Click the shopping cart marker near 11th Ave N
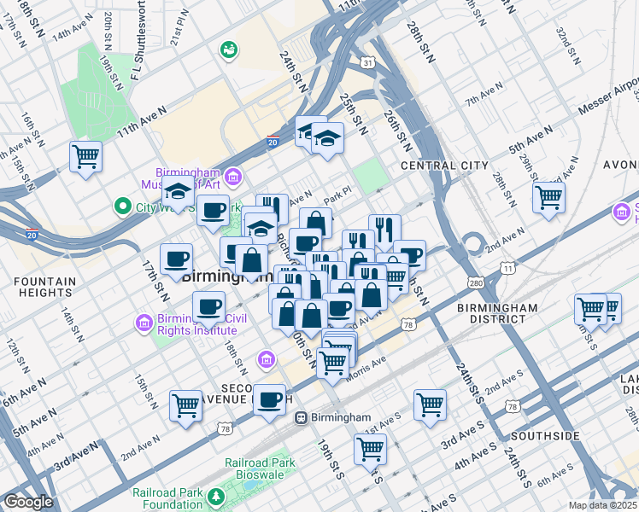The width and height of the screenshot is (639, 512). coord(85,157)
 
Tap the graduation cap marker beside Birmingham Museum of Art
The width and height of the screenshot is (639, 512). coord(179,193)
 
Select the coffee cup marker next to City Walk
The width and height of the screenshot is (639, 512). coord(213,210)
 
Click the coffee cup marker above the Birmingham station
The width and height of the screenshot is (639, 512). coord(271,399)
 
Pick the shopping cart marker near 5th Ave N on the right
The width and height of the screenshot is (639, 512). coord(548,197)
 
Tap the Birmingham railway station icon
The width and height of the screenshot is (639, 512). coord(301,417)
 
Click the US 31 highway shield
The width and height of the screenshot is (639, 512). coord(367,62)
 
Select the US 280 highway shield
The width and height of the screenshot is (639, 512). coord(474,282)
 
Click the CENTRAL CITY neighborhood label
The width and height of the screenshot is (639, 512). coord(444,166)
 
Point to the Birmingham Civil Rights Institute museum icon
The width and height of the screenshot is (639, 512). coord(143,323)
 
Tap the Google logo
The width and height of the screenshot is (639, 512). coord(27,502)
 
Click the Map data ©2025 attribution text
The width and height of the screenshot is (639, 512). coord(602,505)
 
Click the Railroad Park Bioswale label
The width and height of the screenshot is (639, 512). coord(261,468)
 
